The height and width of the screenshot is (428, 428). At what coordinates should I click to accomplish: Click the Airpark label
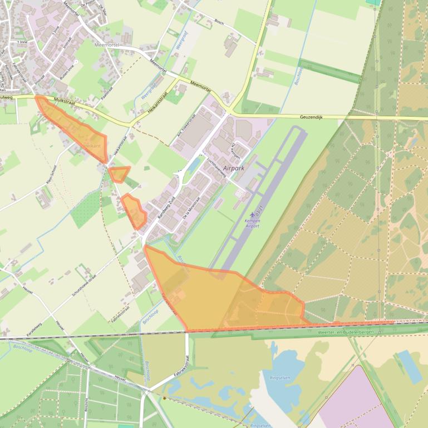click(234, 167)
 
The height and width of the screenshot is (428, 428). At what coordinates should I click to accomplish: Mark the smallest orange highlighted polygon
click(119, 174)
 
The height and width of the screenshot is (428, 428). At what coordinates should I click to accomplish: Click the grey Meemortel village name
click(107, 44)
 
